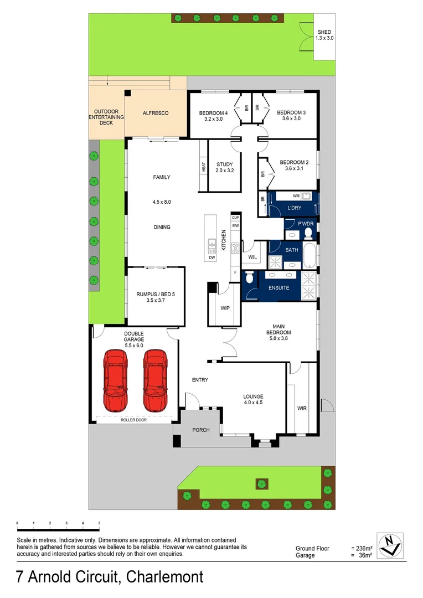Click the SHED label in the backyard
324,32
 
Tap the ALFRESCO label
156,113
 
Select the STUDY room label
225,164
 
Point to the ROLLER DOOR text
135,420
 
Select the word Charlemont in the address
165,577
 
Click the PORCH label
200,430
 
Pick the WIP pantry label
225,308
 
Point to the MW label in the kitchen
235,226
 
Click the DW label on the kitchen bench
211,257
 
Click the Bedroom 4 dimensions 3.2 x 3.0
213,118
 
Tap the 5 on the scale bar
99,523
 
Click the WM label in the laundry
296,196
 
